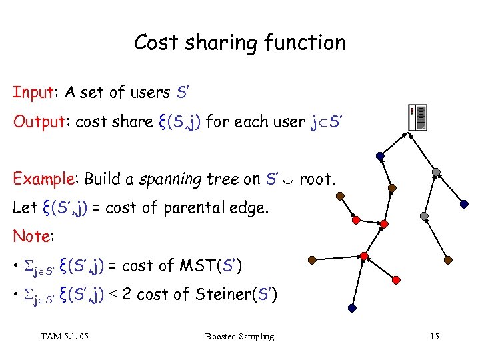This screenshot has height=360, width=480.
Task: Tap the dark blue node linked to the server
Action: tap(379, 157)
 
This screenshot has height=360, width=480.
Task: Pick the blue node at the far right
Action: tap(464, 204)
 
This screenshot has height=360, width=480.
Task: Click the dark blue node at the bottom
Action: tap(351, 308)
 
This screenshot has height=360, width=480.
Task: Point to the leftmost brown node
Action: tap(312, 261)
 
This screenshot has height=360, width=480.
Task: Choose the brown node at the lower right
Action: tap(448, 259)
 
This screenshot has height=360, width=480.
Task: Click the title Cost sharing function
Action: tap(240, 43)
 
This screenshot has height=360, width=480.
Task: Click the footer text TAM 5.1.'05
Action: tap(65, 337)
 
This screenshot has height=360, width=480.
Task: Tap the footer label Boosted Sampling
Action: tap(240, 337)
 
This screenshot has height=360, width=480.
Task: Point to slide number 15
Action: tap(434, 337)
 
